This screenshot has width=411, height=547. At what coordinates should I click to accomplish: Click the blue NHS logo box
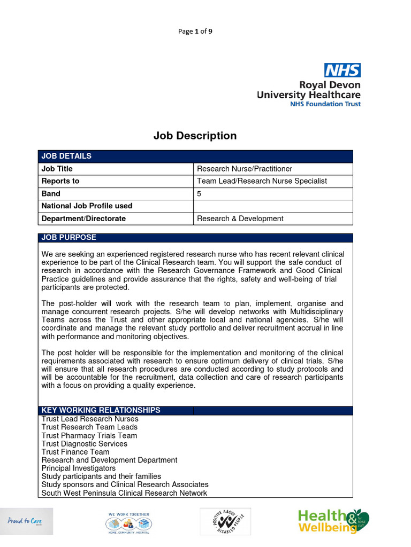pyautogui.click(x=342, y=70)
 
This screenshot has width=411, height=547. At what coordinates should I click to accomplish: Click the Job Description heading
pyautogui.click(x=195, y=136)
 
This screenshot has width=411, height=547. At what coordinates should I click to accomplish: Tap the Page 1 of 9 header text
pyautogui.click(x=195, y=31)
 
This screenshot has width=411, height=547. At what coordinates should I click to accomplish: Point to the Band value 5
pyautogui.click(x=200, y=193)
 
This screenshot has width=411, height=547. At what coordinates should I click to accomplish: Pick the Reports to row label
pyautogui.click(x=60, y=181)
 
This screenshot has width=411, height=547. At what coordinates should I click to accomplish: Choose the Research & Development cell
pyautogui.click(x=240, y=218)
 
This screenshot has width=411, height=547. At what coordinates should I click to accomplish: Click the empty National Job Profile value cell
pyautogui.click(x=273, y=206)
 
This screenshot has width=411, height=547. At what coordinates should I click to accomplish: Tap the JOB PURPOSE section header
pyautogui.click(x=69, y=237)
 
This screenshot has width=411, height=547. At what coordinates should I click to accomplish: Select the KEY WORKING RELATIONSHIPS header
pyautogui.click(x=101, y=410)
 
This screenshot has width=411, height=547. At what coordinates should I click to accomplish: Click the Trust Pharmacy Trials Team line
pyautogui.click(x=89, y=435)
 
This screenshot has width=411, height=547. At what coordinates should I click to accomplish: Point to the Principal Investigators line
pyautogui.click(x=79, y=468)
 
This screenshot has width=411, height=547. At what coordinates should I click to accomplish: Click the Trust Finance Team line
pyautogui.click(x=75, y=452)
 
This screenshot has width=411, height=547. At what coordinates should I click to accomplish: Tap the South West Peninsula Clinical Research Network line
pyautogui.click(x=124, y=493)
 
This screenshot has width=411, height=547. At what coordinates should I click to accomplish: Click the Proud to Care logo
pyautogui.click(x=27, y=521)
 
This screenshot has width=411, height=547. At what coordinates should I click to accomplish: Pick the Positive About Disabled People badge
pyautogui.click(x=225, y=521)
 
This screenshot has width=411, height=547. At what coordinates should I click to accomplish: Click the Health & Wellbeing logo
pyautogui.click(x=333, y=521)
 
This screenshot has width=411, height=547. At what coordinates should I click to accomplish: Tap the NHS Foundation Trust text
pyautogui.click(x=325, y=104)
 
